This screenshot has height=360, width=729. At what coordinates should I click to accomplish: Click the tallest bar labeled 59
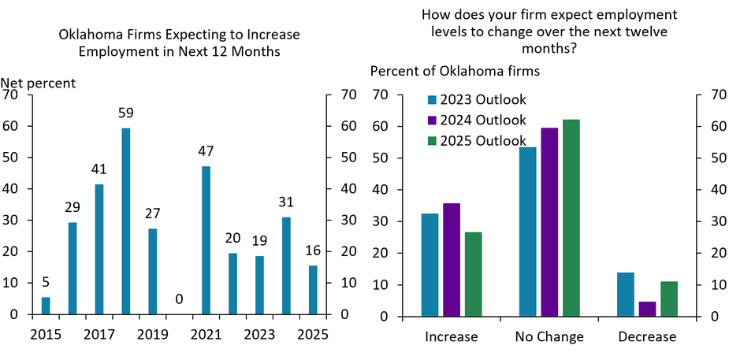125,221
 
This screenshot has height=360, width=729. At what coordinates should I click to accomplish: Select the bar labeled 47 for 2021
206,239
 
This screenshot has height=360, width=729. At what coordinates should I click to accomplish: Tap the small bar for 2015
46,306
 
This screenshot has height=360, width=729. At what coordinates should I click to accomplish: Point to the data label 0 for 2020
179,299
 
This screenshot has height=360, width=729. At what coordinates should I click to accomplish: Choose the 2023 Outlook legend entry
476,100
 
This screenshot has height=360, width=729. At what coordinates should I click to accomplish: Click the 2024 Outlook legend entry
476,121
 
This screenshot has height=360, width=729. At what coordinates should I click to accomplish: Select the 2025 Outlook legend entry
476,141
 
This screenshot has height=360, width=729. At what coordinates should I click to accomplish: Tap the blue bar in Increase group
430,265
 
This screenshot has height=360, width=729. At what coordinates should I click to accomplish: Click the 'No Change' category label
549,337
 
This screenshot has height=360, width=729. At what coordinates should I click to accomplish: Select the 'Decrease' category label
648,337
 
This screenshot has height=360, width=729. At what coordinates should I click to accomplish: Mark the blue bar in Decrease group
625,294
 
